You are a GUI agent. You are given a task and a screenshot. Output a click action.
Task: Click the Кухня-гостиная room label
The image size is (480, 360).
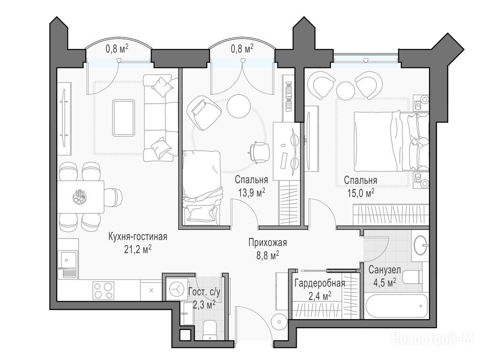[x=137, y=237]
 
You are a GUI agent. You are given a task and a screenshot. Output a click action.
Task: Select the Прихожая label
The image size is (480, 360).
[x=268, y=243]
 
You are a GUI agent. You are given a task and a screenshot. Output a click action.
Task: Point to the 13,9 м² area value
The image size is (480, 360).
[x=251, y=193]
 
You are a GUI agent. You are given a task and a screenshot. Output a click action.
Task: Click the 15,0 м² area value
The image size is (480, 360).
[x=360, y=193]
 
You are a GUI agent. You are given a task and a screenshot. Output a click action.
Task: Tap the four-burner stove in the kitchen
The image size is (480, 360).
[x=103, y=291]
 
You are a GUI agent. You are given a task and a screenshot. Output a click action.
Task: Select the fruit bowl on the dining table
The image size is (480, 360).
[x=80, y=197]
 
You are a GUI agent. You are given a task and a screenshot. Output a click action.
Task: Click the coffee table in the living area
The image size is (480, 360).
[x=123, y=118]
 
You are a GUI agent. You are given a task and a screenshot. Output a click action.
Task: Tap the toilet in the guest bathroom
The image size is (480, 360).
[x=210, y=330]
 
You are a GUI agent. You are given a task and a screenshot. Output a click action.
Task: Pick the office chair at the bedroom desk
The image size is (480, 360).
[x=260, y=152]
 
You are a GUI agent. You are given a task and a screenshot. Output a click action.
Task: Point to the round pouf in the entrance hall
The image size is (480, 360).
[x=279, y=322]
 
